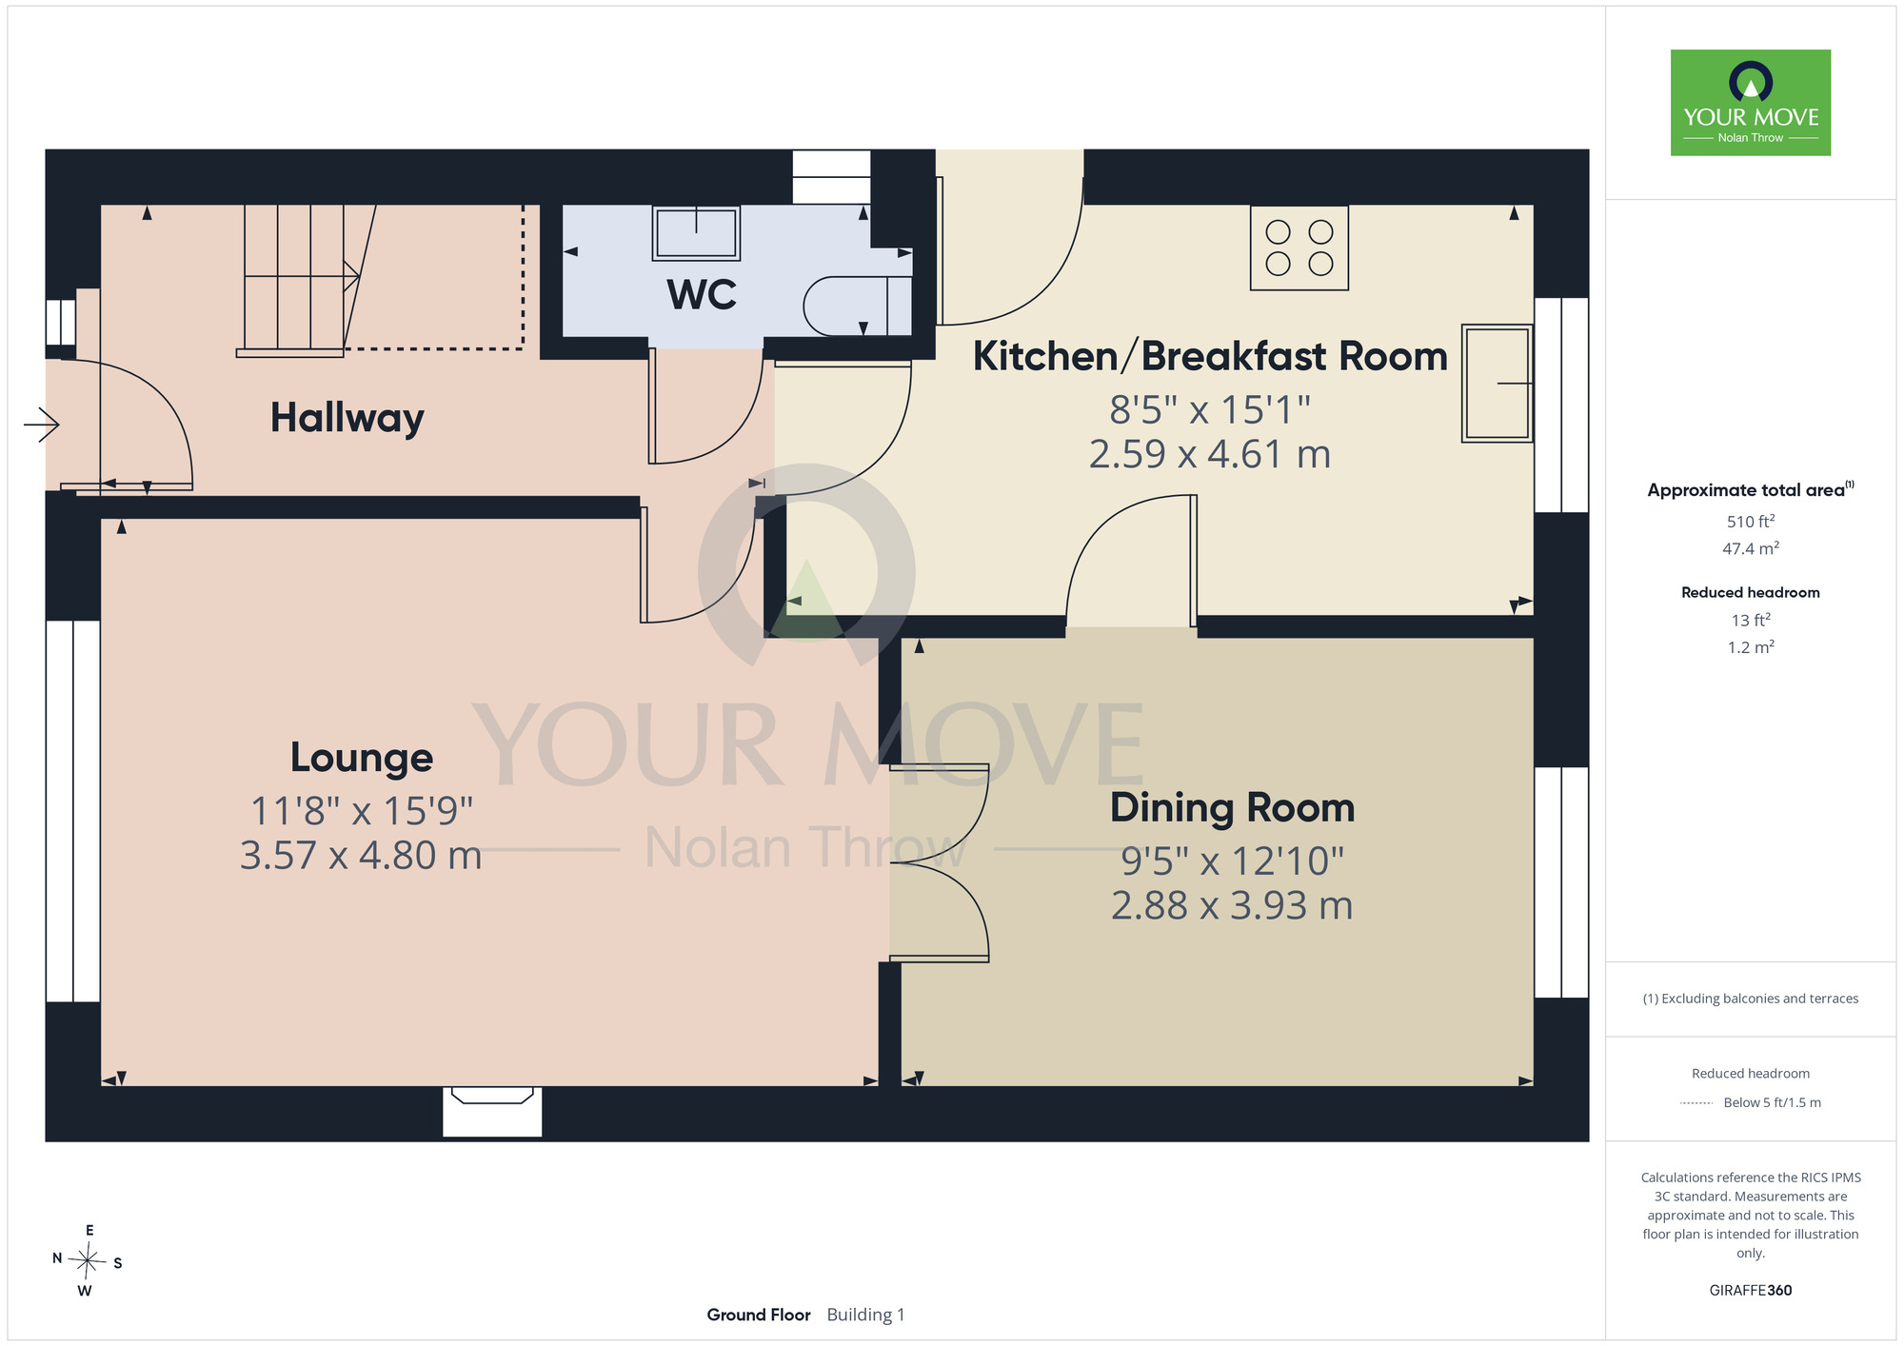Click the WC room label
[702, 295]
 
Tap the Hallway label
[347, 418]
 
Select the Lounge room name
[362, 758]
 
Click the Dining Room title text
[1232, 807]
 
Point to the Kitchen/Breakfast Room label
[1210, 356]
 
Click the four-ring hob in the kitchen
[1299, 247]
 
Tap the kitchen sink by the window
[1497, 384]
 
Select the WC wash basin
[696, 233]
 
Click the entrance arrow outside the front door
[41, 425]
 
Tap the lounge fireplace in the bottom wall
[492, 1111]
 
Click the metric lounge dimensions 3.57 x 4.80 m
[361, 855]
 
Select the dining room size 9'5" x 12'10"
[1232, 861]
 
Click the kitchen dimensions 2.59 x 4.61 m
[1210, 454]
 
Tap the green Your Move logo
[1751, 103]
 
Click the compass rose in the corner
[88, 1261]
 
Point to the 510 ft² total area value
[1751, 521]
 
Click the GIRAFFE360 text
[1751, 1291]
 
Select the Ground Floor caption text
[759, 1315]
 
